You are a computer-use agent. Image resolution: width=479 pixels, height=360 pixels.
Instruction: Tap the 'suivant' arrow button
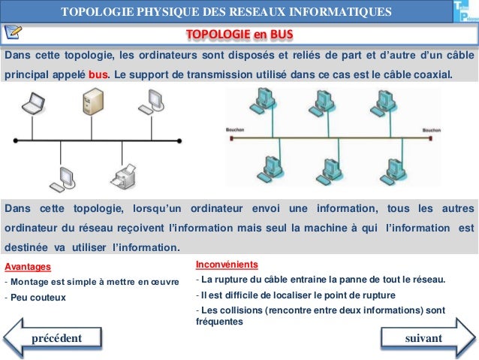coord(425,338)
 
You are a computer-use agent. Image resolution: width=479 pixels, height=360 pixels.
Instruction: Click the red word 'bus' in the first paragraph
coord(98,75)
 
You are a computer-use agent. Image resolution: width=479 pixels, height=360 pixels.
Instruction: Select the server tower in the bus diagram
coord(94,103)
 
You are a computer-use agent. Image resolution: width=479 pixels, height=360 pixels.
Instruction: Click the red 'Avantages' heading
coord(28,266)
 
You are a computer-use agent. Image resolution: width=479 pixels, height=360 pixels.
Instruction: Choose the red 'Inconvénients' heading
coord(227,265)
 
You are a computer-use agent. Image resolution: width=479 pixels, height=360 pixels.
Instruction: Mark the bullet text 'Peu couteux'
coord(38,297)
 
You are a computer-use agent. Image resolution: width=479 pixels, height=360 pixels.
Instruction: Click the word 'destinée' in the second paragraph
coord(27,247)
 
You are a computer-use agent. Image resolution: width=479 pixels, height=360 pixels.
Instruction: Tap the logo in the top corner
coord(465,14)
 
